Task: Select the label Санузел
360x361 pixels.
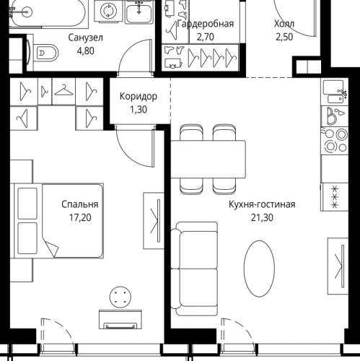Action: [85, 38]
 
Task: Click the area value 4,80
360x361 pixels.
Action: [85, 51]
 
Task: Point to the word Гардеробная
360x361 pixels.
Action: [206, 24]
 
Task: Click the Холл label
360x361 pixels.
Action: [284, 24]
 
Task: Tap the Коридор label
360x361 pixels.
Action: [139, 97]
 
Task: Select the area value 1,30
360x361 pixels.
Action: [139, 110]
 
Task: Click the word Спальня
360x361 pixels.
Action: [80, 204]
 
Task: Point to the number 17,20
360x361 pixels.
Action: [80, 218]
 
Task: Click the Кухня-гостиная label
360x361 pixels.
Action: [262, 204]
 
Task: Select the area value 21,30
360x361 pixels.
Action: [262, 218]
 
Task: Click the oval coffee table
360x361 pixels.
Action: [259, 269]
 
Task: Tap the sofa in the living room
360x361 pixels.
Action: [194, 269]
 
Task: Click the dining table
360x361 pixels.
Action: [208, 159]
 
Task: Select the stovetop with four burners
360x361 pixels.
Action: [335, 141]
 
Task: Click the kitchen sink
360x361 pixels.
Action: [335, 92]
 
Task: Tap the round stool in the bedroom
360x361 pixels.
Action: [120, 297]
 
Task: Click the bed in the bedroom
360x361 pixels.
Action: [58, 221]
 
